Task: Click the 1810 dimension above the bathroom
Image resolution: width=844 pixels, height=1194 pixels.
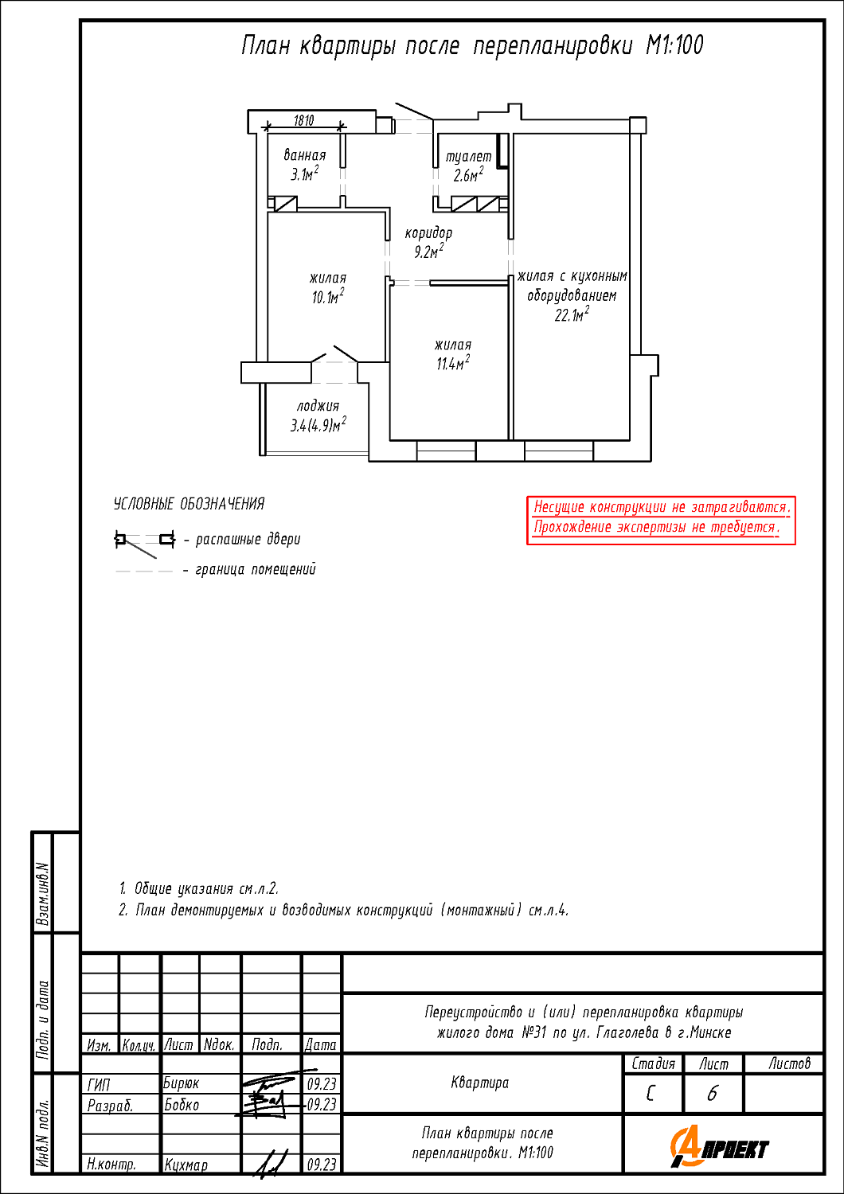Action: point(304,120)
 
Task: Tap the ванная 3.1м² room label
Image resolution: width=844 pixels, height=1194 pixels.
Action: point(304,165)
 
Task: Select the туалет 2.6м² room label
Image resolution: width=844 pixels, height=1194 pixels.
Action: point(469,166)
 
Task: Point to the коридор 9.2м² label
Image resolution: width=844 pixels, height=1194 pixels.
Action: point(428,242)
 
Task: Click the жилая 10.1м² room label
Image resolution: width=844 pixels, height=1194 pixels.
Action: point(328,288)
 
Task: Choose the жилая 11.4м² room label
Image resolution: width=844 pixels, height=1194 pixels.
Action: point(453,354)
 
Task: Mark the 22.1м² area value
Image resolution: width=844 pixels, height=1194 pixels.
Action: point(572,315)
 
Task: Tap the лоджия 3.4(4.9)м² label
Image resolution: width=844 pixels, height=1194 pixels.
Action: point(318,416)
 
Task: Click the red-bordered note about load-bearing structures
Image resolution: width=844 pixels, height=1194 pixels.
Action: point(661,521)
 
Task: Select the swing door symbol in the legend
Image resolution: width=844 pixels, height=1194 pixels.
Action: point(145,543)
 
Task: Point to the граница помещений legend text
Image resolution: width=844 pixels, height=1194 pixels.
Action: point(256,570)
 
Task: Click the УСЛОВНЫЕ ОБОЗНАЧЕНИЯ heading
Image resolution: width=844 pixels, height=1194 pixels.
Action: point(190,504)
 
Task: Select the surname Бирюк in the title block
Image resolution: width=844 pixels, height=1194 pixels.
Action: point(181,1083)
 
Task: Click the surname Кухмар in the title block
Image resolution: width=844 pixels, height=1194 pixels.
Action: point(186,1165)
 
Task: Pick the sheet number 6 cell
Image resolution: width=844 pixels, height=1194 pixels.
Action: point(713,1094)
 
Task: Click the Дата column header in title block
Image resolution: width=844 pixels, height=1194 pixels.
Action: point(320,1044)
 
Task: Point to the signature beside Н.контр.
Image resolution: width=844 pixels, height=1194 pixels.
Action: point(271,1162)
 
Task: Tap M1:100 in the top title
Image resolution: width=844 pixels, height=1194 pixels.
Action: point(674,45)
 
